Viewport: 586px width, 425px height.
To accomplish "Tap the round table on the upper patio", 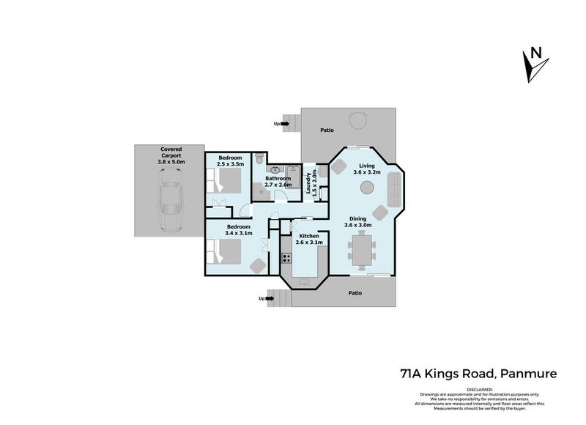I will [357, 119].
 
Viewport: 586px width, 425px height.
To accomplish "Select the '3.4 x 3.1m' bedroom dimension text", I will [237, 234].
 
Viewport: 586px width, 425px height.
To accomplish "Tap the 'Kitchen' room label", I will [308, 235].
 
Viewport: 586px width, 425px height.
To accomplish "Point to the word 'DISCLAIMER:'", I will [481, 389].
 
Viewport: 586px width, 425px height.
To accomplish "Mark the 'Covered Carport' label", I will [171, 152].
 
